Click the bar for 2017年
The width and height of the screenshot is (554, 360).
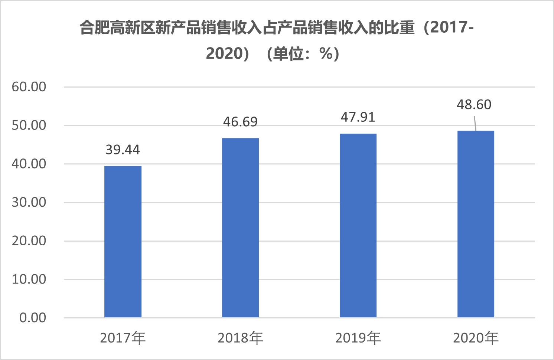pyautogui.click(x=123, y=242)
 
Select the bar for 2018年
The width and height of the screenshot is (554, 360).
pyautogui.click(x=240, y=228)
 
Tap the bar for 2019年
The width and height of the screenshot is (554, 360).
pyautogui.click(x=358, y=226)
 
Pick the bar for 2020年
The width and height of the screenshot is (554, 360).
pyautogui.click(x=476, y=224)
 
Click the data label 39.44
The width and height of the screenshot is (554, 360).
pyautogui.click(x=123, y=150)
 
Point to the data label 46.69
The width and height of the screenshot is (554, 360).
pyautogui.click(x=240, y=122)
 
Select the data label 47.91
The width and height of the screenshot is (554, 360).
pyautogui.click(x=358, y=117)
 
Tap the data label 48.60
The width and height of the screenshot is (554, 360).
pyautogui.click(x=474, y=104)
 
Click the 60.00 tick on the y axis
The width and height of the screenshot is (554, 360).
pyautogui.click(x=29, y=87)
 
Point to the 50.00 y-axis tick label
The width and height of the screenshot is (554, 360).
pyautogui.click(x=29, y=125)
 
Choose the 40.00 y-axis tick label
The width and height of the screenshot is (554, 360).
pyautogui.click(x=29, y=164)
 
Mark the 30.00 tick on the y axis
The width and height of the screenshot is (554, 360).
pyautogui.click(x=29, y=202)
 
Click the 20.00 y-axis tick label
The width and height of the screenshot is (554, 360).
pyautogui.click(x=29, y=241)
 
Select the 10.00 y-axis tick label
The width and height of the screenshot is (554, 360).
pyautogui.click(x=29, y=279)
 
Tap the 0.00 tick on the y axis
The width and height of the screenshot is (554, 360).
pyautogui.click(x=33, y=318)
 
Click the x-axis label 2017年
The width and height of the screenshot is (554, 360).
pyautogui.click(x=123, y=338)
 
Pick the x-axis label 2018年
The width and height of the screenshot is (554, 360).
pyautogui.click(x=240, y=338)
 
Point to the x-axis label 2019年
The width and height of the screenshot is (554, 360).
pyautogui.click(x=358, y=338)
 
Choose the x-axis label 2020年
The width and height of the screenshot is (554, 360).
pyautogui.click(x=476, y=338)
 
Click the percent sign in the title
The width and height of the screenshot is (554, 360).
pyautogui.click(x=326, y=53)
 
